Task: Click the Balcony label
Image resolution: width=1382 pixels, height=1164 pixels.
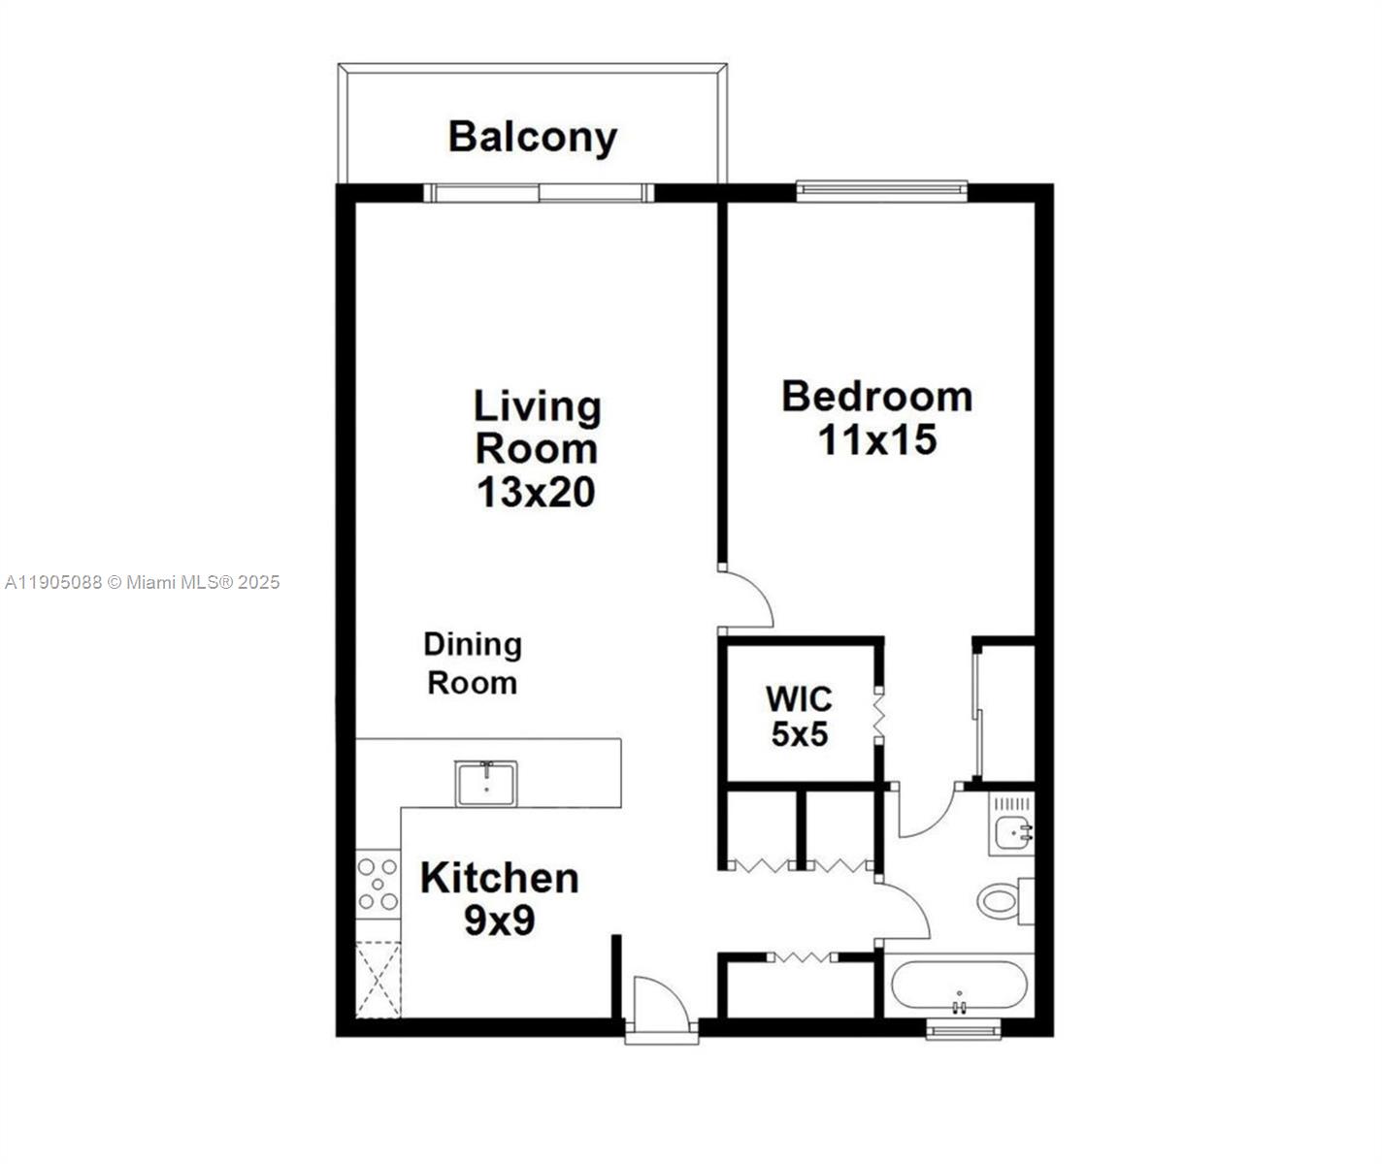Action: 532,138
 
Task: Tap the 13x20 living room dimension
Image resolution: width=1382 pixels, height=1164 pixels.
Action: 535,493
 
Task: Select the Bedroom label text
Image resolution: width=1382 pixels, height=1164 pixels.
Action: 876,397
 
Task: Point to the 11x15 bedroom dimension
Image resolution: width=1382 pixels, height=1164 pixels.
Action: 876,440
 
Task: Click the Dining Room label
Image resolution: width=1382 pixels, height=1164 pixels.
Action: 473,663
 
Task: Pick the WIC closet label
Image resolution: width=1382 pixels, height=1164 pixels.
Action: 798,698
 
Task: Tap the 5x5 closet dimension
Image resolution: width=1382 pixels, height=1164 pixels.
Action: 799,735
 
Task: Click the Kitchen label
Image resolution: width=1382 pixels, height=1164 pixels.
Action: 499,878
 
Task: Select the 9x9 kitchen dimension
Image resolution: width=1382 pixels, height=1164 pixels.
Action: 499,921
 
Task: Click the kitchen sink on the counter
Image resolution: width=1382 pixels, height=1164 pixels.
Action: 486,783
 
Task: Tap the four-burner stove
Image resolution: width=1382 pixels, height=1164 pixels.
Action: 378,884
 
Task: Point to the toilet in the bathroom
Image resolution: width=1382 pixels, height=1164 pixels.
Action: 1001,900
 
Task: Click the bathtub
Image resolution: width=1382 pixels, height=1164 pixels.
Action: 959,986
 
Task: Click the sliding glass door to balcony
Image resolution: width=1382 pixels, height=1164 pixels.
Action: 539,192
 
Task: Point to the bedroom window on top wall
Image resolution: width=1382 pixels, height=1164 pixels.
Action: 881,191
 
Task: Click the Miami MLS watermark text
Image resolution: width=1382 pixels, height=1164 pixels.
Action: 143,582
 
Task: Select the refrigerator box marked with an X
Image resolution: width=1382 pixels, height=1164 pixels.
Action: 378,979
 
